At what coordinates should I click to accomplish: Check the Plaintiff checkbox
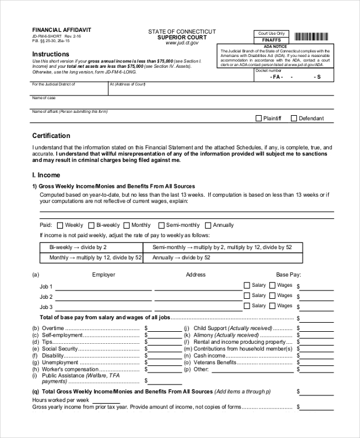(x=259, y=119)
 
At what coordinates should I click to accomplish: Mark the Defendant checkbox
(x=294, y=119)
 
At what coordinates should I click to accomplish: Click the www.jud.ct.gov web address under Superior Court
(x=182, y=43)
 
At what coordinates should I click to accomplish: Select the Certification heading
(x=51, y=136)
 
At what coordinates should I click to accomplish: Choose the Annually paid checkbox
(x=208, y=226)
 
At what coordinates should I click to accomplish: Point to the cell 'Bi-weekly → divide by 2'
(x=92, y=247)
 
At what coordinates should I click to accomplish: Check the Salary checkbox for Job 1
(x=247, y=286)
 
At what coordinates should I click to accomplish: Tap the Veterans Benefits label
(x=214, y=362)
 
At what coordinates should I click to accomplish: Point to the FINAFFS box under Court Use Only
(x=271, y=40)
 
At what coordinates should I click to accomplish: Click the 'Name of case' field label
(x=44, y=98)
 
